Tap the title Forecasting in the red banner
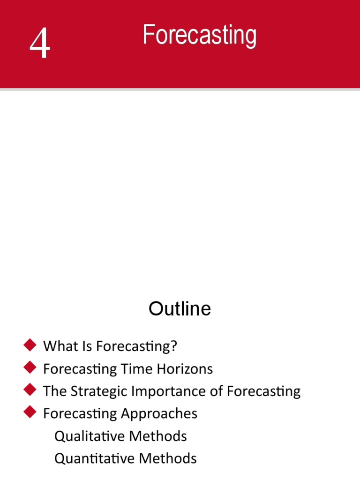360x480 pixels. tap(199, 36)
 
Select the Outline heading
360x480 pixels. tap(180, 309)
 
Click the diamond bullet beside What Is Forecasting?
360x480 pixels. tap(30, 346)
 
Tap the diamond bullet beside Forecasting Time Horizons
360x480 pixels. tap(30, 368)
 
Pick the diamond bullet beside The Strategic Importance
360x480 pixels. tap(30, 390)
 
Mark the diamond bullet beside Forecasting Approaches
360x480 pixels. tap(30, 412)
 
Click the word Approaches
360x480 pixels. tap(159, 414)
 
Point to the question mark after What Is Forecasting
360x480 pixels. tap(174, 346)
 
